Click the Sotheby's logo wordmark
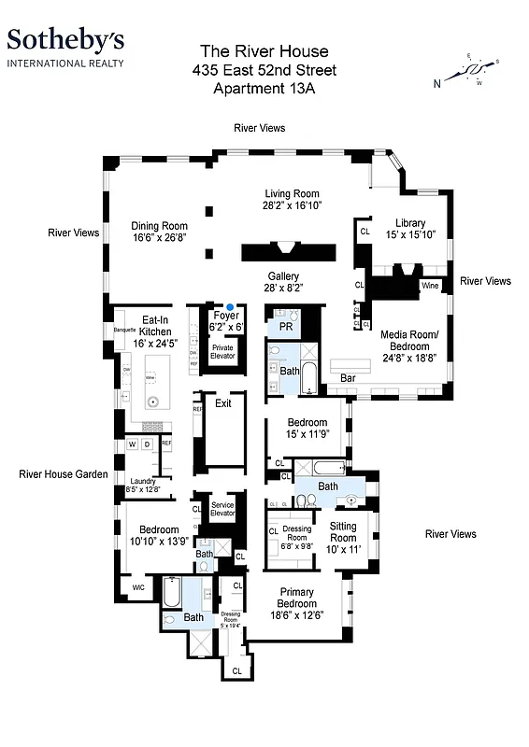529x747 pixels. tap(64, 39)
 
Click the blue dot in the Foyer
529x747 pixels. tap(230, 306)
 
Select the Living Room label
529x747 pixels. tap(292, 201)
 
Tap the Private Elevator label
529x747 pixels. tap(222, 351)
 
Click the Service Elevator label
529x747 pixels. tap(222, 510)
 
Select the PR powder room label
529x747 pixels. tap(286, 327)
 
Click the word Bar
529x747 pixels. tap(348, 378)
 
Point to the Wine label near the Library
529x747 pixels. tap(430, 285)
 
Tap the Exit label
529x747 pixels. tap(222, 403)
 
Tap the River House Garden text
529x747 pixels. tap(63, 474)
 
